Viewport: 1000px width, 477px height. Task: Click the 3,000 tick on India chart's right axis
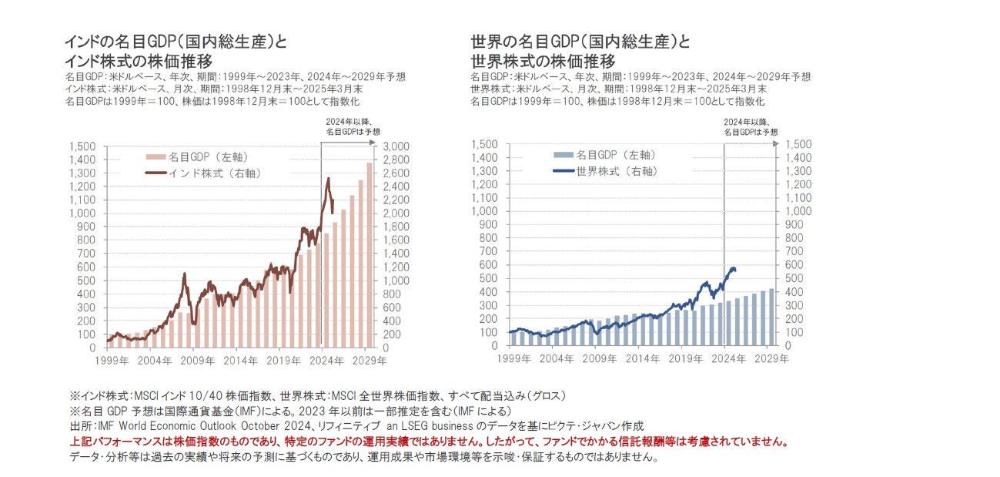coord(397,146)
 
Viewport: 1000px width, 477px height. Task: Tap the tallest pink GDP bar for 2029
coord(369,254)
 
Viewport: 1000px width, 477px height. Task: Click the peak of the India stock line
coord(329,179)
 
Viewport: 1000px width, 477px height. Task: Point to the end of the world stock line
coord(735,270)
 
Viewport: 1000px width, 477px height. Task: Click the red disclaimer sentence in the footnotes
coord(429,442)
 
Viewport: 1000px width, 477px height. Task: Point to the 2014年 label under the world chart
coord(640,358)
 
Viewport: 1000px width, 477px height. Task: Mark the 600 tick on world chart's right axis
coord(799,264)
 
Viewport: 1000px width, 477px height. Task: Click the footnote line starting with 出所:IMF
coord(356,425)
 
